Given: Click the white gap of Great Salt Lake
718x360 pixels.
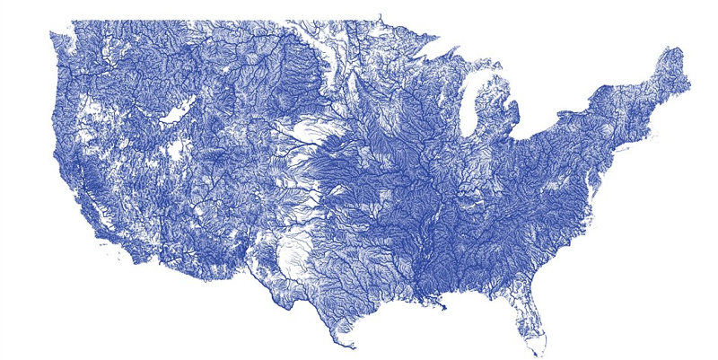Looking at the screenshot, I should [174, 114].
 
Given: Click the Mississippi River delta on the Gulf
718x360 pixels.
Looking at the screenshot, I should [442, 308].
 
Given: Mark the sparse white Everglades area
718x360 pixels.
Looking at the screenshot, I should [536, 334].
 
